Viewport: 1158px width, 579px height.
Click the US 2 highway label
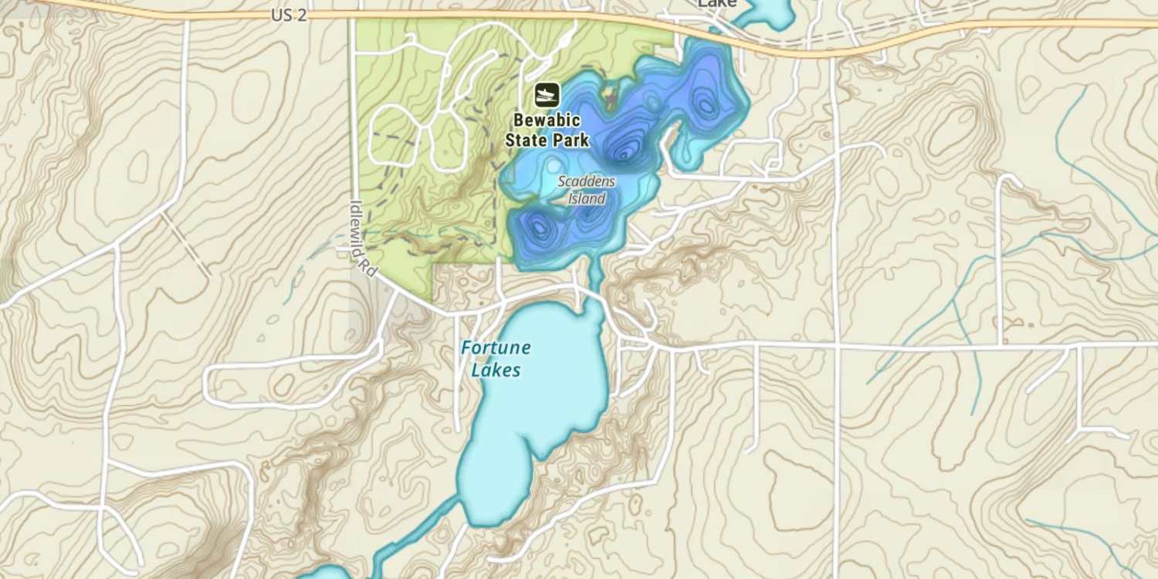(x=289, y=15)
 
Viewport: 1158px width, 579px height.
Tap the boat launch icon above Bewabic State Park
(x=547, y=95)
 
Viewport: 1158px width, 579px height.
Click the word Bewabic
(x=547, y=121)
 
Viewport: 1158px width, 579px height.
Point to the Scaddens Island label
(x=587, y=190)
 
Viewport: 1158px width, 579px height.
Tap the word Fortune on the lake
(x=496, y=347)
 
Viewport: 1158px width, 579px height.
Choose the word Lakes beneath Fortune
(x=496, y=371)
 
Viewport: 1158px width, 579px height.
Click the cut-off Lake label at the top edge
(x=716, y=4)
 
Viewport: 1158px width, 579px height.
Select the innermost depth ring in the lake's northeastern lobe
(x=706, y=104)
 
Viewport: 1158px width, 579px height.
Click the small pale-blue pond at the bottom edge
(x=324, y=573)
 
